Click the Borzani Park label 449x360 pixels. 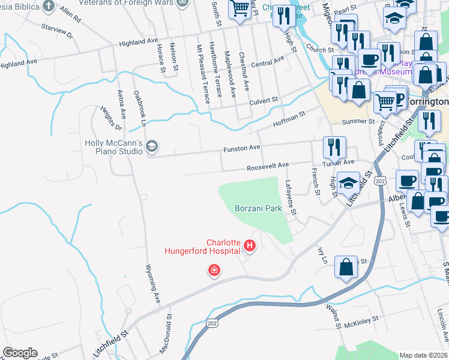[x=258, y=208]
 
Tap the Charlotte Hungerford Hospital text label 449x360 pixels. [x=203, y=247]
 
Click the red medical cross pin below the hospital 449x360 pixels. [x=213, y=272]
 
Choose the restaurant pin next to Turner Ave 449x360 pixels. [x=334, y=146]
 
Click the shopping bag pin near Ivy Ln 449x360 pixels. [x=347, y=267]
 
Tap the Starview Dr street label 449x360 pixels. [x=56, y=31]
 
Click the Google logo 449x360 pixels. [x=20, y=353]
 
